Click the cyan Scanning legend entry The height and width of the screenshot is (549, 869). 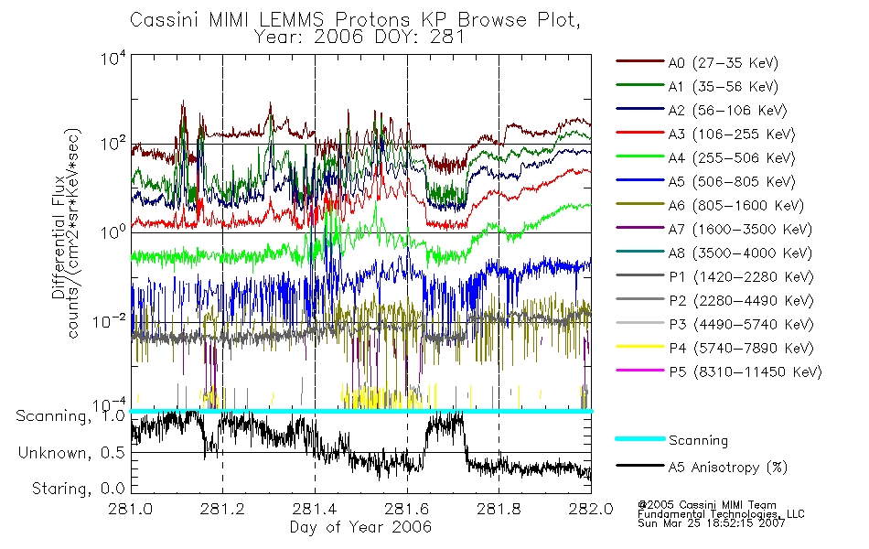click(698, 440)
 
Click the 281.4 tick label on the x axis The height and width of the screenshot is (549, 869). click(315, 509)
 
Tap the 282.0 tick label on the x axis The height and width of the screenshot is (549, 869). click(591, 509)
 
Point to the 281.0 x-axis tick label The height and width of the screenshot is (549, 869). click(131, 509)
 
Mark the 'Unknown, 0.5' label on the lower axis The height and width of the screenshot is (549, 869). click(70, 453)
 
